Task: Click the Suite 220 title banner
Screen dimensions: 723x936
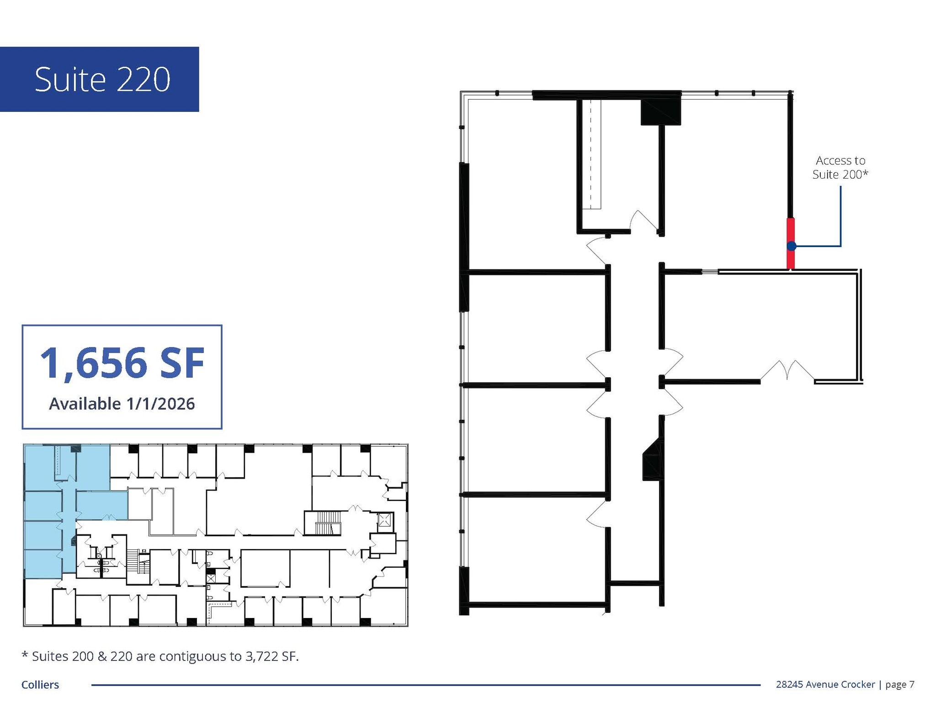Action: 99,79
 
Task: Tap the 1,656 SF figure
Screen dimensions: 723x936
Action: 122,363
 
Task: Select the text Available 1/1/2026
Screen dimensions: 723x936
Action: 122,404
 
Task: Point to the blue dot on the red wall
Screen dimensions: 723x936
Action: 792,246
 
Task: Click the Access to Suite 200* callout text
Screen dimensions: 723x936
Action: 840,167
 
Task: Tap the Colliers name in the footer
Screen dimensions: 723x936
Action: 40,685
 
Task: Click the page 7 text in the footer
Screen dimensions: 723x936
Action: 899,684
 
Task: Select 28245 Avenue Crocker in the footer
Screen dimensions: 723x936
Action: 825,684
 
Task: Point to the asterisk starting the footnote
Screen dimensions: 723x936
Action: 25,655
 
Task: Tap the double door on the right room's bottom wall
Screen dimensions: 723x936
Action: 787,370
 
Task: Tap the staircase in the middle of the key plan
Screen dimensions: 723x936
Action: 328,522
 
